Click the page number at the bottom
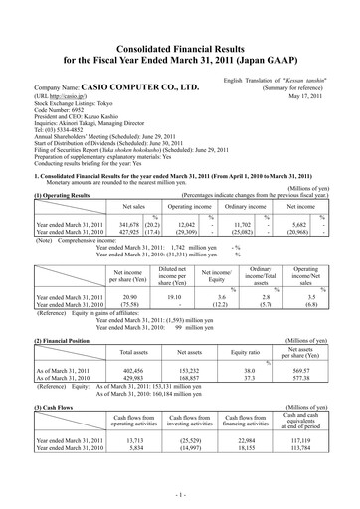(x=180, y=494)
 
